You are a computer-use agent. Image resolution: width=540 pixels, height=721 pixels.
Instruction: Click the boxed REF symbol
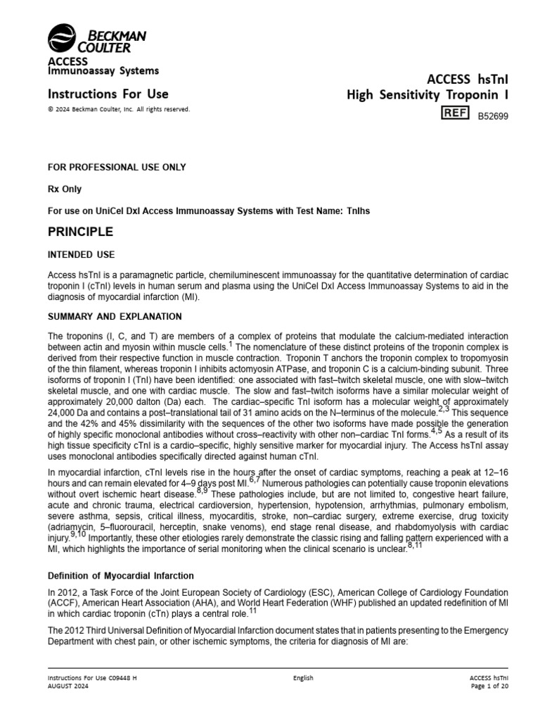(454, 113)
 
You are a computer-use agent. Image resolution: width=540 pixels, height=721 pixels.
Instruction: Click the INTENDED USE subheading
(81, 254)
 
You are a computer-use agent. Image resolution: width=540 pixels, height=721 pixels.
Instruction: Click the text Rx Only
(64, 189)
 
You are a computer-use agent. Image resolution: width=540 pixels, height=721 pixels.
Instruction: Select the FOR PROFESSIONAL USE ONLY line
(116, 167)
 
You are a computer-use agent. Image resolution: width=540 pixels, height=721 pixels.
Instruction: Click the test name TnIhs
(359, 211)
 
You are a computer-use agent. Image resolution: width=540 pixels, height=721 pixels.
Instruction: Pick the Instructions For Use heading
(108, 94)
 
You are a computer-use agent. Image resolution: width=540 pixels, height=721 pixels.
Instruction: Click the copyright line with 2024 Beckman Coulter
(118, 109)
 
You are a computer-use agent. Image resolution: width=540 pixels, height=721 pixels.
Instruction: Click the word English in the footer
(303, 678)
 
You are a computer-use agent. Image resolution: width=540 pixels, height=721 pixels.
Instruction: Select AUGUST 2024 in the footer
(68, 686)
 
